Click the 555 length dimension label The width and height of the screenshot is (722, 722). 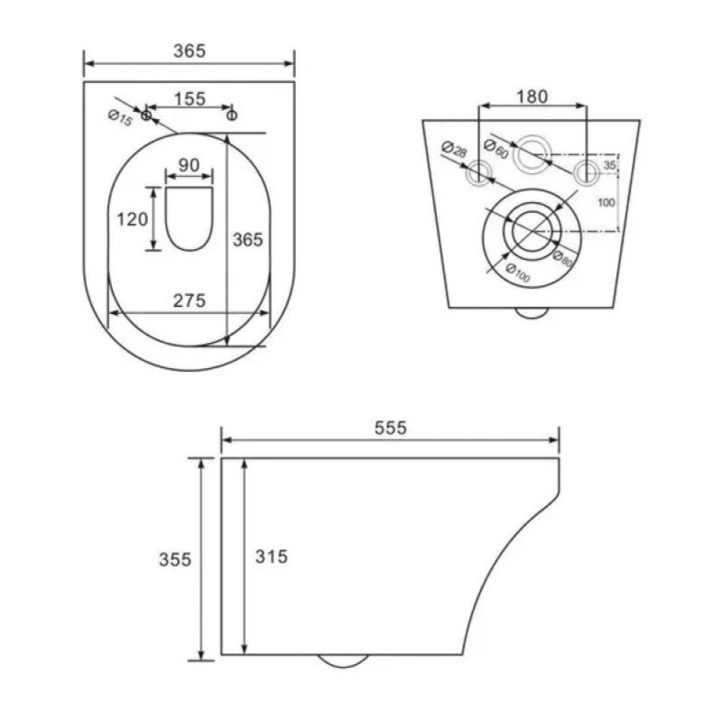coord(391,428)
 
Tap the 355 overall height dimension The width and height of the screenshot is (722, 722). coord(175,560)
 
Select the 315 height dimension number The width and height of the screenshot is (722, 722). coord(272,557)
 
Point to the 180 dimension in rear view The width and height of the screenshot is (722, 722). coord(532,97)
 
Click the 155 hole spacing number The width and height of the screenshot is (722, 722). coord(190,99)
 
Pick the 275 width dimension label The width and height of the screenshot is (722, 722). coord(190,301)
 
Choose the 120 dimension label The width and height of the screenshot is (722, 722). coord(132,219)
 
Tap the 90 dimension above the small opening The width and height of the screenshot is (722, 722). coord(189,165)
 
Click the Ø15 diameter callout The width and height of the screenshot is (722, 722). coord(120,118)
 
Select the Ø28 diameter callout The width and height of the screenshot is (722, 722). coord(454,149)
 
